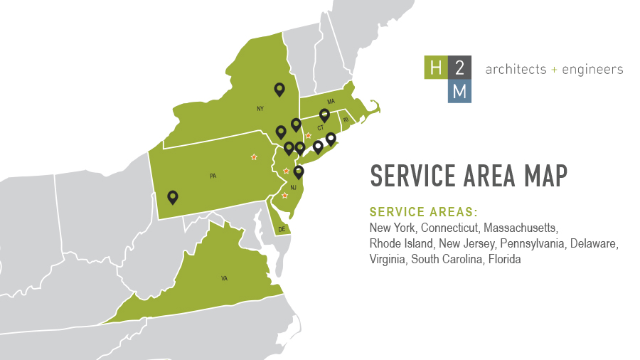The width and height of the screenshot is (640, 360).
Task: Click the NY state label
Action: (260, 110)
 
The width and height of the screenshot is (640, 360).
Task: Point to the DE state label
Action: (282, 229)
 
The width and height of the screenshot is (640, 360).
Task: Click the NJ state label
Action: (293, 188)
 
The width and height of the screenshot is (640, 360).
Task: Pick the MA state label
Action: (331, 102)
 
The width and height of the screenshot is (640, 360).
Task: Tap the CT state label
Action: (321, 128)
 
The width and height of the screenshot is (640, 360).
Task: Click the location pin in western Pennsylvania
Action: (172, 196)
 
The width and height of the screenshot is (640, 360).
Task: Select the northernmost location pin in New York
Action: (279, 89)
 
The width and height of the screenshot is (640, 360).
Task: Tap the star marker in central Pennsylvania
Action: (254, 157)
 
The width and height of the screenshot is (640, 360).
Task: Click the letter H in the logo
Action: (435, 69)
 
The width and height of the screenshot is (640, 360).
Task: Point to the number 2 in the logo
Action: (459, 69)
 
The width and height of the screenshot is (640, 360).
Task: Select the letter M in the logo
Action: (459, 92)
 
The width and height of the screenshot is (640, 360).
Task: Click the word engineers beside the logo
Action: (592, 70)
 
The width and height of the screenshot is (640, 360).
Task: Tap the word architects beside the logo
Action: (516, 70)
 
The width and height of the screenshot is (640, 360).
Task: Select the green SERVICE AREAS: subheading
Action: (423, 212)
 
